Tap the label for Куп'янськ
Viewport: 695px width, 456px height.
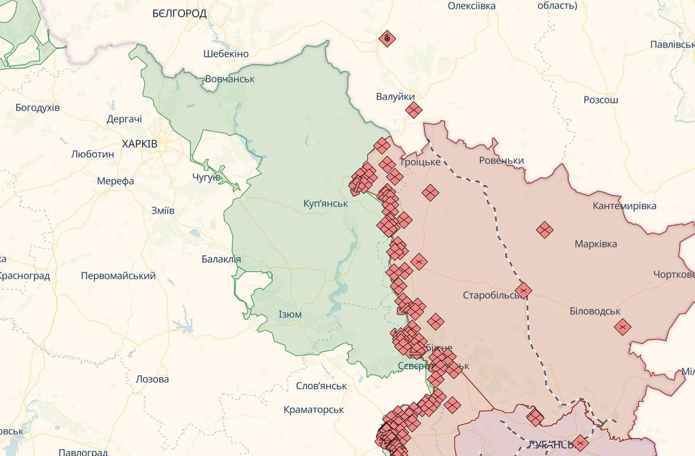click(325, 204)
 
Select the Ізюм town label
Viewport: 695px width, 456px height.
click(290, 314)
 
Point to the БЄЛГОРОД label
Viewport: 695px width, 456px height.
click(180, 14)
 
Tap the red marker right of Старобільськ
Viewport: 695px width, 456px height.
click(524, 290)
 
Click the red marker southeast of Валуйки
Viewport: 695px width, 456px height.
click(414, 110)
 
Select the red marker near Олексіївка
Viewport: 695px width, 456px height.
click(387, 39)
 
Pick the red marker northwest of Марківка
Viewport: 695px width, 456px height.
click(544, 230)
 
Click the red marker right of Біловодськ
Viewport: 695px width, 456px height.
click(623, 327)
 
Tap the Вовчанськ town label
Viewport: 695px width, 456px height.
click(230, 79)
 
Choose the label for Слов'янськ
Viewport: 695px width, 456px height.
click(321, 386)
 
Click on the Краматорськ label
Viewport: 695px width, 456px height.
click(314, 410)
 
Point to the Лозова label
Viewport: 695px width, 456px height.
click(152, 379)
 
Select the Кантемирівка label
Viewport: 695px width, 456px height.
click(625, 206)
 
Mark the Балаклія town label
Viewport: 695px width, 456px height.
click(221, 259)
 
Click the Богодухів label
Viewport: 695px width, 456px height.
click(38, 108)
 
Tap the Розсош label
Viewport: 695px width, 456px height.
click(601, 100)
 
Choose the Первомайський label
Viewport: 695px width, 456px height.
click(118, 276)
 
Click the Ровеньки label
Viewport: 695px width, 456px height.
click(502, 161)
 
